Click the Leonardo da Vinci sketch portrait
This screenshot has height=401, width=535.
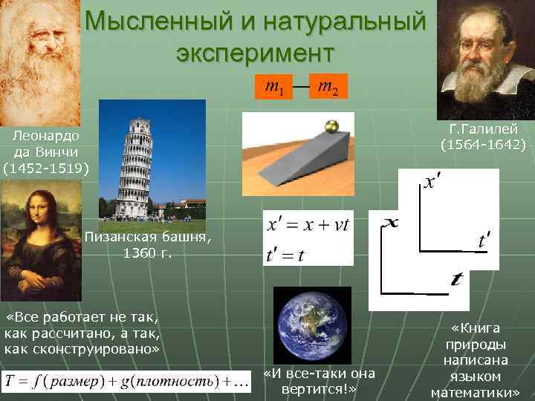pyautogui.click(x=37, y=56)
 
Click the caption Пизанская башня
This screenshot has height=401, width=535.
pyautogui.click(x=148, y=238)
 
